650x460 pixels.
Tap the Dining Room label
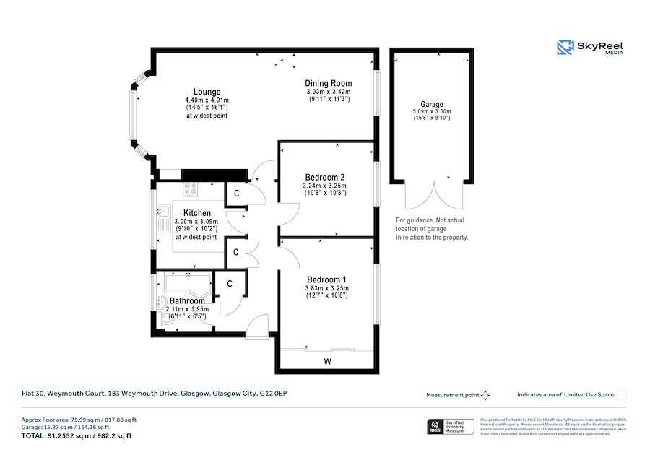click(x=328, y=84)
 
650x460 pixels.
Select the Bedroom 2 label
click(x=324, y=177)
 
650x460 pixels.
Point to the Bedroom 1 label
click(x=326, y=279)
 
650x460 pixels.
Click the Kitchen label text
click(x=196, y=213)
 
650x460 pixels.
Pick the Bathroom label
click(x=187, y=300)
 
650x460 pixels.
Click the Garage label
click(x=432, y=105)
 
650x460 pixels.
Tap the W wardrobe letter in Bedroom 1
click(x=327, y=361)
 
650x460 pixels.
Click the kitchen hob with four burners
click(x=191, y=188)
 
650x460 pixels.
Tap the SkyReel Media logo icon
click(x=565, y=48)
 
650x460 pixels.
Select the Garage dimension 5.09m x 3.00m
click(x=432, y=112)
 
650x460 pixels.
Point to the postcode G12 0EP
click(x=274, y=394)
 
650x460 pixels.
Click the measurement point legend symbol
click(x=485, y=395)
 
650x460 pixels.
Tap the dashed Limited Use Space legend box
click(x=620, y=394)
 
